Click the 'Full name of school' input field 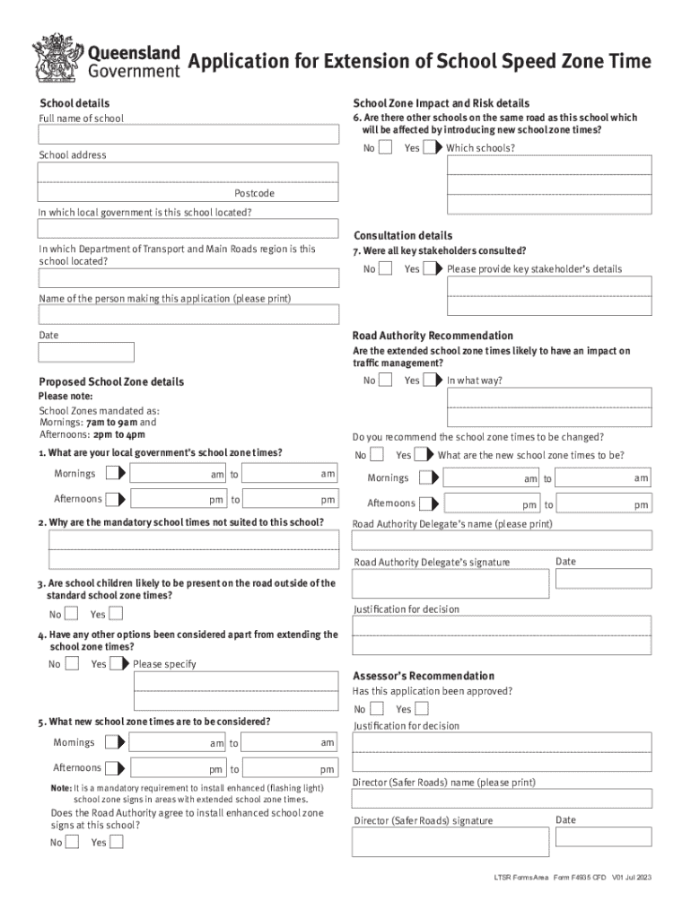[x=188, y=135]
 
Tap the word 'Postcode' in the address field [x=254, y=194]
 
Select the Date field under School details [x=86, y=352]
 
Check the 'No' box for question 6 [x=385, y=147]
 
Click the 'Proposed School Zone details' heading [x=111, y=382]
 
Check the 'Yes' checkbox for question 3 [x=116, y=615]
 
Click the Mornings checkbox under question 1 [x=114, y=473]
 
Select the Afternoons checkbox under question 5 [x=114, y=768]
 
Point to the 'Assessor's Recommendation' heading [x=423, y=676]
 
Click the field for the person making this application [x=188, y=314]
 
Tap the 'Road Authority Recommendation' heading [x=433, y=336]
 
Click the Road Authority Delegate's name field [x=502, y=541]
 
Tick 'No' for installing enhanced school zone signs [x=73, y=842]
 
